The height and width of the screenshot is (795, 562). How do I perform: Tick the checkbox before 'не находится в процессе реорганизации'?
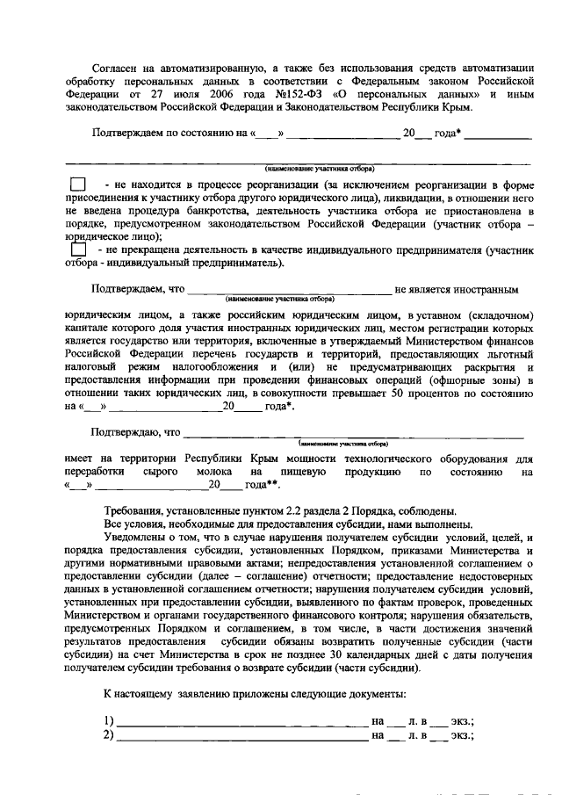point(78,186)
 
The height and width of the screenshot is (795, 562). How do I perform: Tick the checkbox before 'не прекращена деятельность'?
point(78,251)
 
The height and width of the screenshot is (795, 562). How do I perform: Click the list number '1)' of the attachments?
point(109,721)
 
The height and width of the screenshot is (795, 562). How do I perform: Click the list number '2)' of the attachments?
point(109,735)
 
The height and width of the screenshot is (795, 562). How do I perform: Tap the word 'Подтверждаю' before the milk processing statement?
point(128,433)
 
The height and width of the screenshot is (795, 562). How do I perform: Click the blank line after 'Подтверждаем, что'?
point(289,289)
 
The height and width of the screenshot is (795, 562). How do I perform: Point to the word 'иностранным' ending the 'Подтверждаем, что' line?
point(487,289)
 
